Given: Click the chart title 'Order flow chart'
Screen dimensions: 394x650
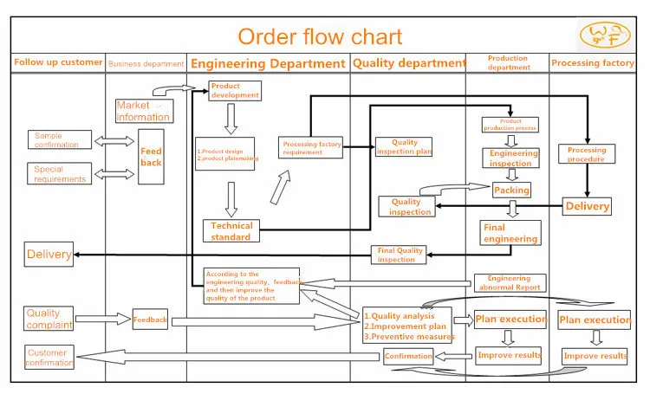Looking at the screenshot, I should point(320,36).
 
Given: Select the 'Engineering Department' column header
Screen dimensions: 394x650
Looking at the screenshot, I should point(268,63).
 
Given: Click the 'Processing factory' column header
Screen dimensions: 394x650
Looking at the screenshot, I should point(593,63).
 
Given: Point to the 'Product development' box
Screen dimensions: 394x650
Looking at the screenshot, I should point(235,91).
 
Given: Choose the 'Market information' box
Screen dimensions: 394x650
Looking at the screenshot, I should point(143,112).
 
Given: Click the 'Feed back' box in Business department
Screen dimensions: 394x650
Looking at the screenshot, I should point(152,157).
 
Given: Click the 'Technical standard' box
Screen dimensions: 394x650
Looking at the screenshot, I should point(231,231).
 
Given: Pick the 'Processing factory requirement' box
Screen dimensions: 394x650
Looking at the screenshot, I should point(310,147).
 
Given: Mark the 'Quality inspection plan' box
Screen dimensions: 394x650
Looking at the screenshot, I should point(403,147).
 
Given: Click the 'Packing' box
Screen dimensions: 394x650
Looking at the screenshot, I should point(511,190).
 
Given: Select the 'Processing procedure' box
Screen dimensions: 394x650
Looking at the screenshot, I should point(587,155).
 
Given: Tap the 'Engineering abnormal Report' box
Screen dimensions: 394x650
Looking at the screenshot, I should point(510,283).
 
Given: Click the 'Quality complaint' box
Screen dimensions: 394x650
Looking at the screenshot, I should point(48,319).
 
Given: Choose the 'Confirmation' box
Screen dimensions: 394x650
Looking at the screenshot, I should point(408,356).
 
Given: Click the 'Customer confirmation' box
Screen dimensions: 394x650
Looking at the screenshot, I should point(49,357).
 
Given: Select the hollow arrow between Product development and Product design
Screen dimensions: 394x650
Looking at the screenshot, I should point(231,118).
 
